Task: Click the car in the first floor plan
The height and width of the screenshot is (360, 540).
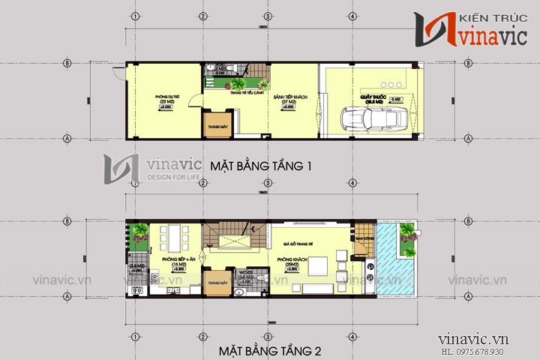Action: tap(375, 119)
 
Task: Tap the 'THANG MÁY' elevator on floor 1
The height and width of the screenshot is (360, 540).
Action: tap(217, 126)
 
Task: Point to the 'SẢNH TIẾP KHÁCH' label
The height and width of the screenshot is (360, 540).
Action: tap(286, 100)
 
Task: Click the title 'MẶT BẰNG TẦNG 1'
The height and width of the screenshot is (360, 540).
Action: tap(260, 165)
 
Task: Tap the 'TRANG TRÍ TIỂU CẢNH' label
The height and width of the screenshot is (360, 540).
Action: tap(235, 92)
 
